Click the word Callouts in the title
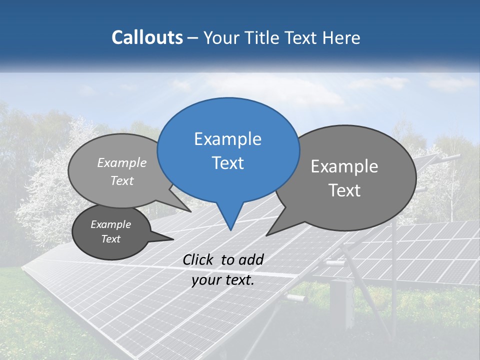click(x=147, y=37)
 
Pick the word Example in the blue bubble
click(x=227, y=139)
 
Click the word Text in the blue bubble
click(x=227, y=163)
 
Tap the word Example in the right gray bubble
click(x=344, y=166)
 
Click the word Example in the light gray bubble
click(x=122, y=163)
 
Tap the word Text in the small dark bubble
click(x=111, y=239)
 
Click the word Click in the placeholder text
click(x=198, y=259)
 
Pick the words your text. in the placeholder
click(x=223, y=280)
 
